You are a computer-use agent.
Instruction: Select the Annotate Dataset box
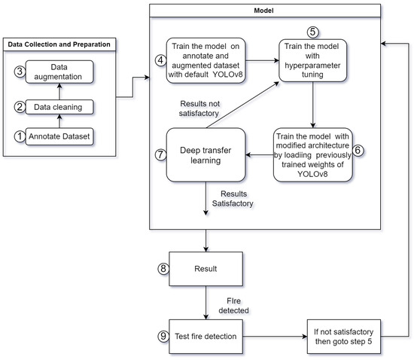pyautogui.click(x=57, y=137)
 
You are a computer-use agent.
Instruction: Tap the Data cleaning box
pyautogui.click(x=57, y=108)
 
